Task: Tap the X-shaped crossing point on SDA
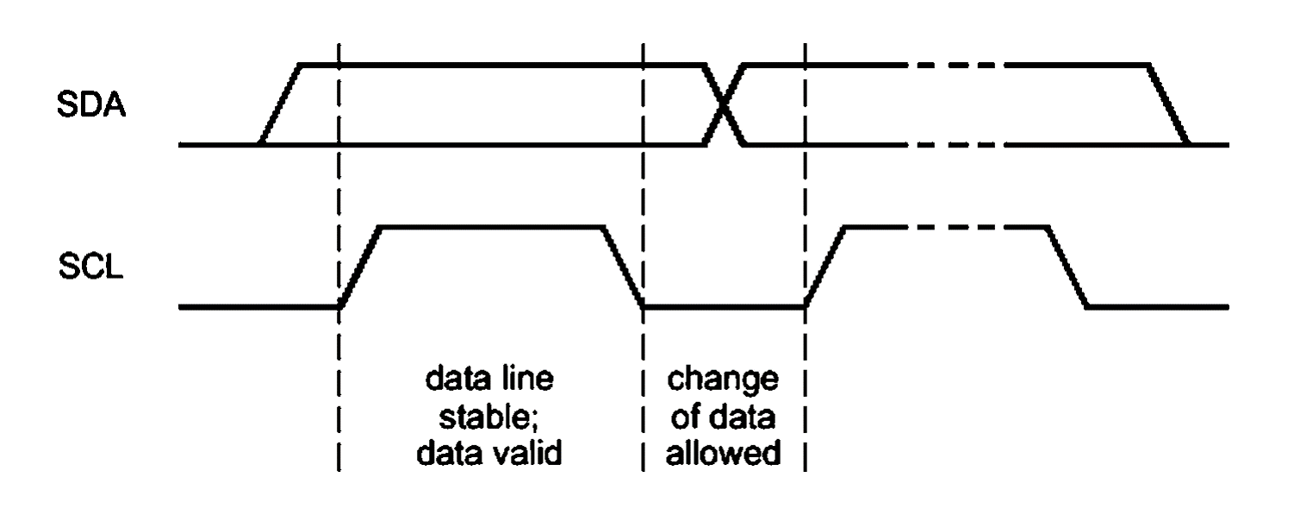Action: coord(725,104)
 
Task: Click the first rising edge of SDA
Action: coord(279,104)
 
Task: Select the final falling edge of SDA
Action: coord(1169,104)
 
